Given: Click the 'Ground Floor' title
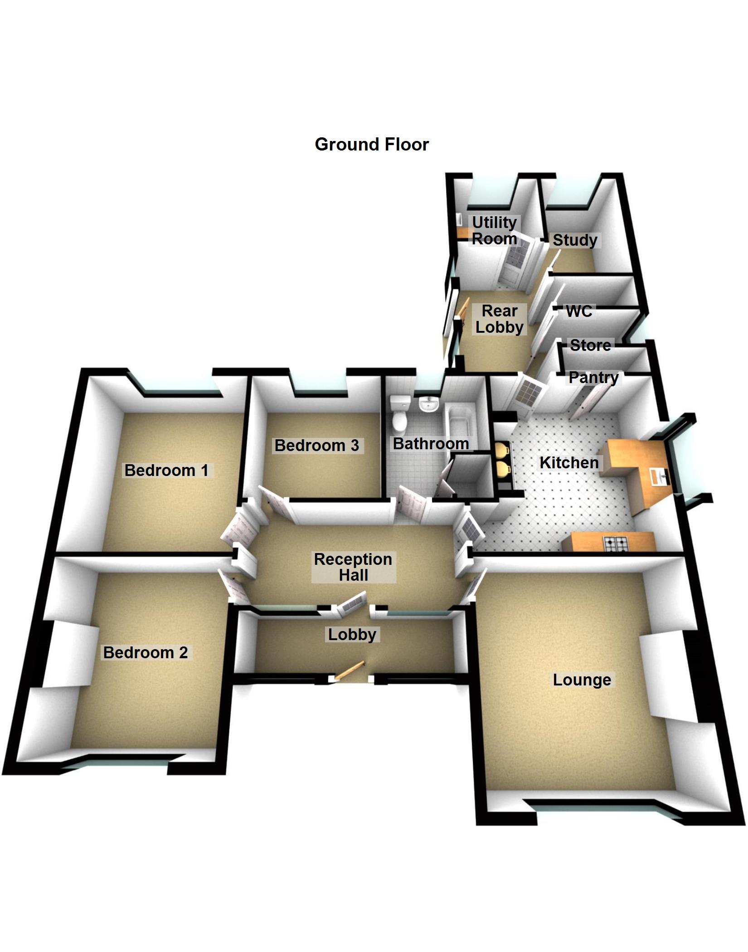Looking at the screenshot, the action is [372, 145].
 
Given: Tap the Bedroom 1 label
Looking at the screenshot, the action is [166, 470].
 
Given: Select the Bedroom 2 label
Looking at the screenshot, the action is [146, 652].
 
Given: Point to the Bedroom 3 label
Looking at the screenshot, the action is [317, 445].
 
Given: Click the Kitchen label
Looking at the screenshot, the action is [569, 462].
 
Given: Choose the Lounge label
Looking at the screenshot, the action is [582, 680].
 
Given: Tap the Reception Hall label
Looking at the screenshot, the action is [353, 567].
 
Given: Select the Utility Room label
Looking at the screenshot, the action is [494, 230].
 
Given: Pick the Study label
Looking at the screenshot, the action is [575, 240].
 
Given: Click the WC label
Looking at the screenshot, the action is [579, 311].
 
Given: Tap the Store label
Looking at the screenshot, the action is [590, 345].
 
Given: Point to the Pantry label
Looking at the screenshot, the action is [593, 377].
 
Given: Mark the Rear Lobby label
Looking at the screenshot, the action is [500, 319].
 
